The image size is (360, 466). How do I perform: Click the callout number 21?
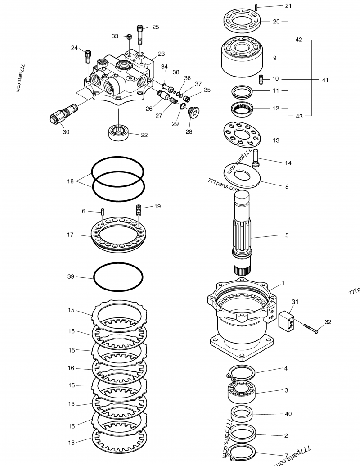(x=288, y=6)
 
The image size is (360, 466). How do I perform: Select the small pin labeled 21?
(x=256, y=7)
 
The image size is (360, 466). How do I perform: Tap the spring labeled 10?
(x=261, y=80)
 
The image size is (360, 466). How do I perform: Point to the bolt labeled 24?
(x=88, y=57)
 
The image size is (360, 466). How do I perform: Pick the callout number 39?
(x=71, y=276)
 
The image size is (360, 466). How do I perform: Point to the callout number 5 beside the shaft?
(x=287, y=235)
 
